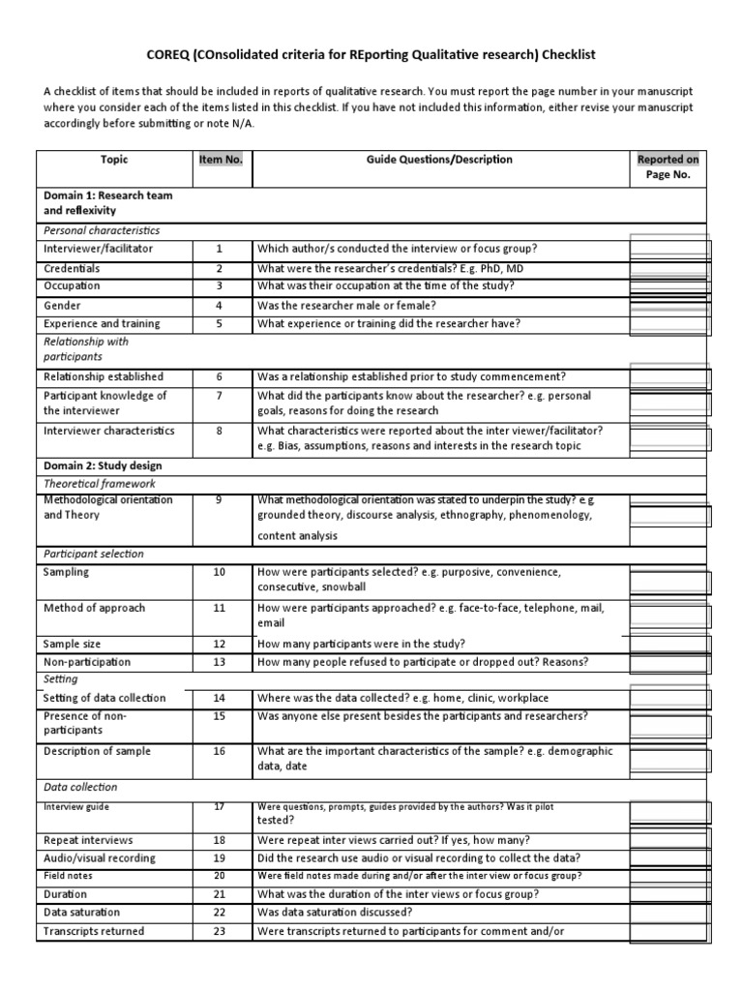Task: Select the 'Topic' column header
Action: pos(113,160)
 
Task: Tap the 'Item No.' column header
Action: pos(220,160)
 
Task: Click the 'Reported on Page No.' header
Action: pos(669,167)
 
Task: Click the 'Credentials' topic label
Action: pos(72,268)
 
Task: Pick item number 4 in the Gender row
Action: pos(220,305)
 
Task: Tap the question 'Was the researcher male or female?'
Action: pos(347,305)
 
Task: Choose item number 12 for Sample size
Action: pos(220,644)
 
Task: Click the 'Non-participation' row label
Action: pos(87,662)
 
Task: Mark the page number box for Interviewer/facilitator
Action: pos(669,250)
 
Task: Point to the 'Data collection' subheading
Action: pos(80,788)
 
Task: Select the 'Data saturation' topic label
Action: pos(82,913)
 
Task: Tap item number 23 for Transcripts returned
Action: pos(220,931)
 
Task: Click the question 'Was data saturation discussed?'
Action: pos(334,913)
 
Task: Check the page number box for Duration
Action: pos(669,894)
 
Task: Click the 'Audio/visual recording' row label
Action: pos(100,858)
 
